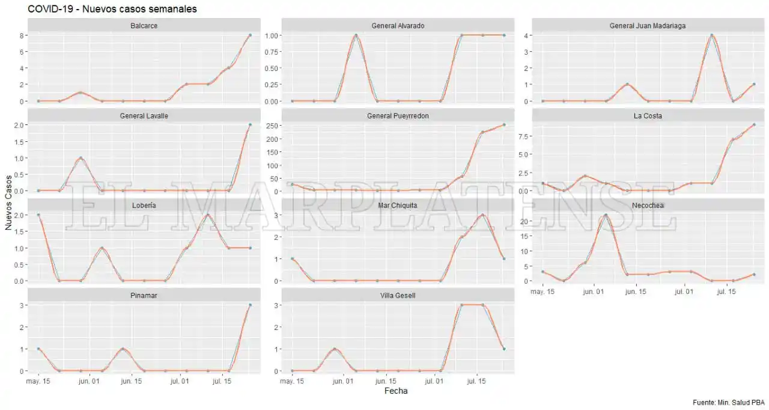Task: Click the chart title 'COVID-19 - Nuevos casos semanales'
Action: pos(112,9)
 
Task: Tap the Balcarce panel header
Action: pos(144,26)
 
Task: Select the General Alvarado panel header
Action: pos(398,26)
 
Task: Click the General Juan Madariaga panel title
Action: pos(648,26)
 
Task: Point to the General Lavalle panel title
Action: pos(144,115)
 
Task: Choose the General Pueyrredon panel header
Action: pos(398,115)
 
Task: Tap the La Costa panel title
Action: pos(648,115)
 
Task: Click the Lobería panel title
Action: pos(144,206)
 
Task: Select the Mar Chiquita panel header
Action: pos(398,206)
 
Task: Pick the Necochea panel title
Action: pos(648,206)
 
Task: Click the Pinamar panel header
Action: pos(144,295)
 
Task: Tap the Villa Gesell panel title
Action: pos(398,295)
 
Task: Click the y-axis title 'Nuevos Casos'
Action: pos(8,203)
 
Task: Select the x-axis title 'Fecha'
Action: pos(395,391)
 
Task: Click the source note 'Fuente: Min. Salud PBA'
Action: pos(728,402)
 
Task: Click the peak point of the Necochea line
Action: pos(606,215)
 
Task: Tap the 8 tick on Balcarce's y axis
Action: pos(21,35)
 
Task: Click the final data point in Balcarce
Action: pos(250,35)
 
